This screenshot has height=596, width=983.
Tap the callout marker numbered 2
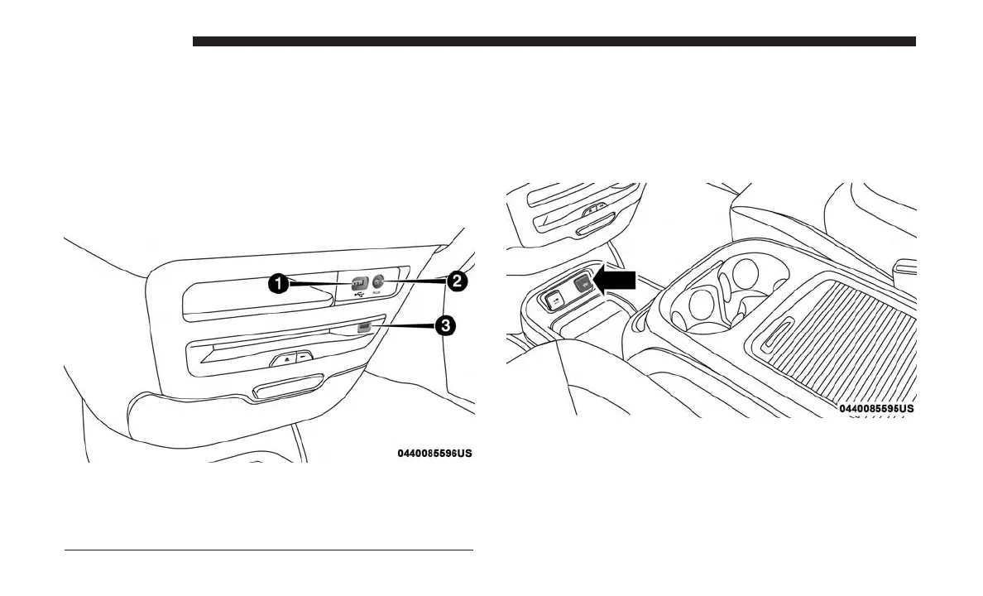(x=454, y=281)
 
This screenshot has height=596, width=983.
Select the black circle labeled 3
(x=445, y=325)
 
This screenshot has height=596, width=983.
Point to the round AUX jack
(x=377, y=281)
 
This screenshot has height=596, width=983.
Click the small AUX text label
(x=377, y=294)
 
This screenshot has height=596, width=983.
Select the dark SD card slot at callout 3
(x=362, y=328)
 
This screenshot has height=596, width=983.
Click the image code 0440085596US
(x=434, y=454)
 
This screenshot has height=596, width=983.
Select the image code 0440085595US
(x=876, y=409)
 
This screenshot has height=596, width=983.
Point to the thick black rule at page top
(x=554, y=41)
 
